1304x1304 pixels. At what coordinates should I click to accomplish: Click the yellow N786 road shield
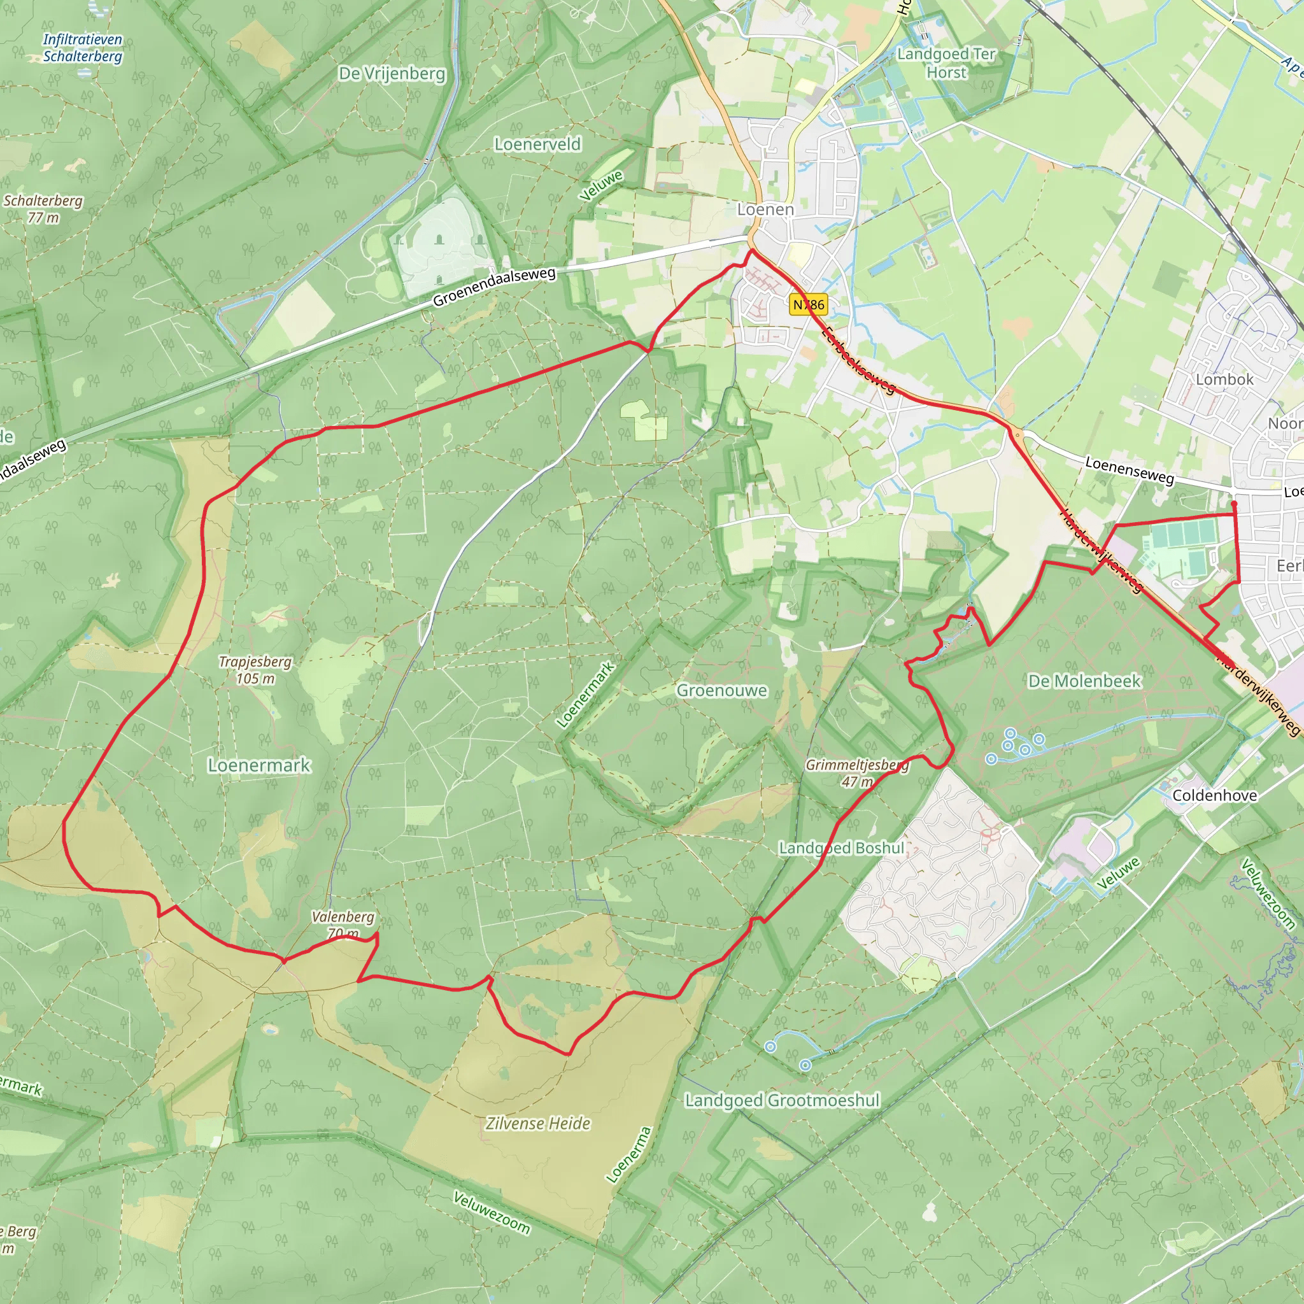pos(808,304)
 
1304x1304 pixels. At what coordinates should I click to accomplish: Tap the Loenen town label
pos(765,209)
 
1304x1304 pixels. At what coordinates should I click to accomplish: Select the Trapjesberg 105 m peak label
pos(255,670)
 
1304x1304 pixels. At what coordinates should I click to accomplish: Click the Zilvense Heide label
pos(538,1123)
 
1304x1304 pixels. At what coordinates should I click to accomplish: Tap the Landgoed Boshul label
pos(842,847)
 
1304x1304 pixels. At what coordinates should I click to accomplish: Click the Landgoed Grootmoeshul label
pos(783,1100)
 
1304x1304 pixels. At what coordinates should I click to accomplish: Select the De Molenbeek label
pos(1084,681)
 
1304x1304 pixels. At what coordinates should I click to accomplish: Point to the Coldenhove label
pos(1214,795)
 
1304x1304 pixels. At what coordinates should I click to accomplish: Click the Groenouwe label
pos(721,690)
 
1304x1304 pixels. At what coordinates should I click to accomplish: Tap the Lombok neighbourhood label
pos(1224,379)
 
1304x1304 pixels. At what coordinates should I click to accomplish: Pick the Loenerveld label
pos(537,144)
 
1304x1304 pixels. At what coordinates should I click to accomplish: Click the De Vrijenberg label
pos(392,74)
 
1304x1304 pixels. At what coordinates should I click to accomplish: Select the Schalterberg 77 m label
pos(43,209)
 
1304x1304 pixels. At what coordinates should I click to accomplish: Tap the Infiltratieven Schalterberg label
pos(82,47)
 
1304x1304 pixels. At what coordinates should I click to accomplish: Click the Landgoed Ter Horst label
pos(946,63)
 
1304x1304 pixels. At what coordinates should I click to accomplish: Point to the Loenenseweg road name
pos(1129,470)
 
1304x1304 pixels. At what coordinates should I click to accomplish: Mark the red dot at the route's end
pos(1234,504)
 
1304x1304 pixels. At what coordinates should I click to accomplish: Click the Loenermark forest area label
pos(259,765)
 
